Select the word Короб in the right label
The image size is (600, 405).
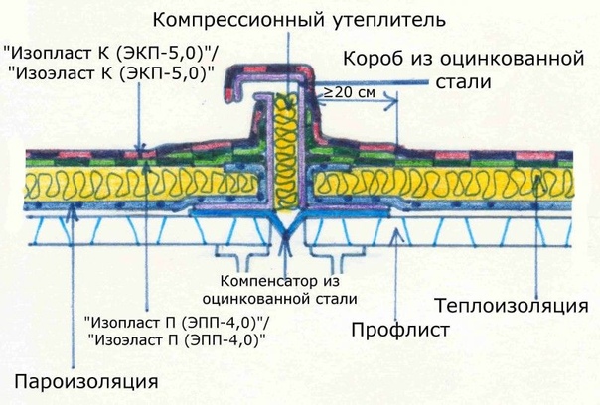tap(367, 56)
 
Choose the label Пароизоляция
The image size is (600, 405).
tap(86, 380)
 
